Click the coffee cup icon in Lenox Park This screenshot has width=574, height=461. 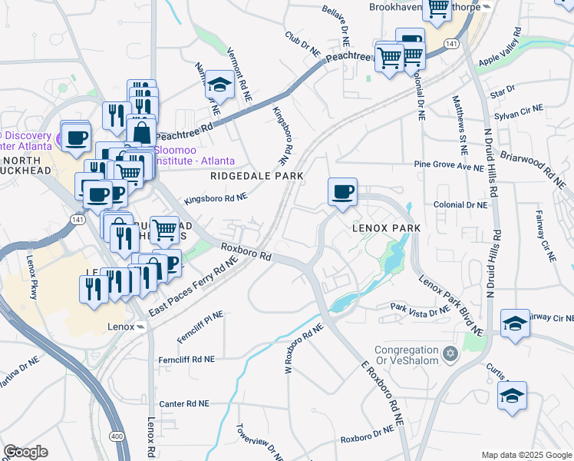342,191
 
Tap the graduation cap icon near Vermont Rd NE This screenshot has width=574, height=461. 220,86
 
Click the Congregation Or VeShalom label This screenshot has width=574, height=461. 407,354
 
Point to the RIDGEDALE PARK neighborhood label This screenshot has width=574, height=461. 257,176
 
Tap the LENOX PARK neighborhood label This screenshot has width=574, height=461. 386,229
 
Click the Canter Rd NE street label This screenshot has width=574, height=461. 183,403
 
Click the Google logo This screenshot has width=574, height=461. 25,452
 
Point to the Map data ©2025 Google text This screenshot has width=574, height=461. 526,455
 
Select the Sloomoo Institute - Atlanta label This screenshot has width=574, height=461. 189,157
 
